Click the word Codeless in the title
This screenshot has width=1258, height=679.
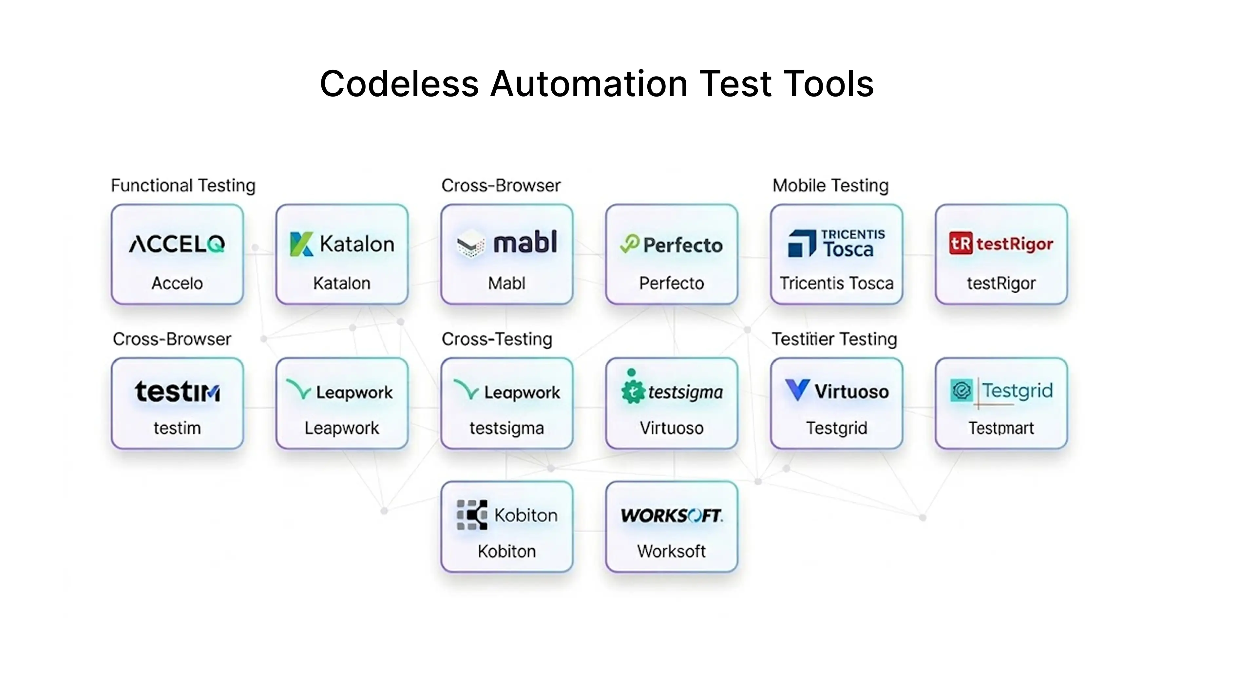(399, 84)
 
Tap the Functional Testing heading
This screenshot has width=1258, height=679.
(183, 186)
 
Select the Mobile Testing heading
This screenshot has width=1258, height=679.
(830, 186)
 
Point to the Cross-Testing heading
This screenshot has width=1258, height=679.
(497, 339)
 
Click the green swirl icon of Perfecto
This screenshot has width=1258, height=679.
(629, 243)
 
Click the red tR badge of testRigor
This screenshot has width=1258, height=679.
(961, 243)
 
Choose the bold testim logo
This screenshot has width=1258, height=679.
(177, 392)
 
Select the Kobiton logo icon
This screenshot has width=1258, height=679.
(472, 515)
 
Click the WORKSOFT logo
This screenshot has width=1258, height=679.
(672, 515)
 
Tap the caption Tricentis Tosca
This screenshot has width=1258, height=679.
(836, 283)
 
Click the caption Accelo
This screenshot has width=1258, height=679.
(177, 283)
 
